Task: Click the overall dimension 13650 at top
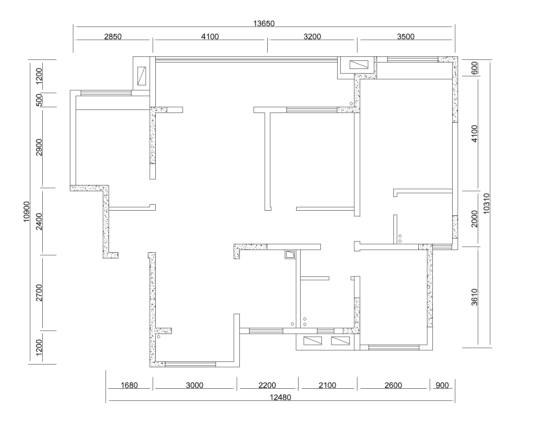264,24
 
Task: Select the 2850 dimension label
113,37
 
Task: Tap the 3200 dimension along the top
312,37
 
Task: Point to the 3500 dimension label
406,37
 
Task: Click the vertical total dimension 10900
26,212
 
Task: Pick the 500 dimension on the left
39,100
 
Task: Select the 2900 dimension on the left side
39,147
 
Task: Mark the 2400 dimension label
39,221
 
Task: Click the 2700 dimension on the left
39,293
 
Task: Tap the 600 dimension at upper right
474,68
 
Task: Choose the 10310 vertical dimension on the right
486,203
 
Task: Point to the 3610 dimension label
474,297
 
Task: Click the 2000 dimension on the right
474,219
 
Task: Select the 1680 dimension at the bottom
129,385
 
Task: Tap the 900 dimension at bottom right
442,385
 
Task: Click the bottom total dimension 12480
280,397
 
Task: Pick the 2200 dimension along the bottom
267,385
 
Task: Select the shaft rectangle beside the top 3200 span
359,64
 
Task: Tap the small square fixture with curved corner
290,254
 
